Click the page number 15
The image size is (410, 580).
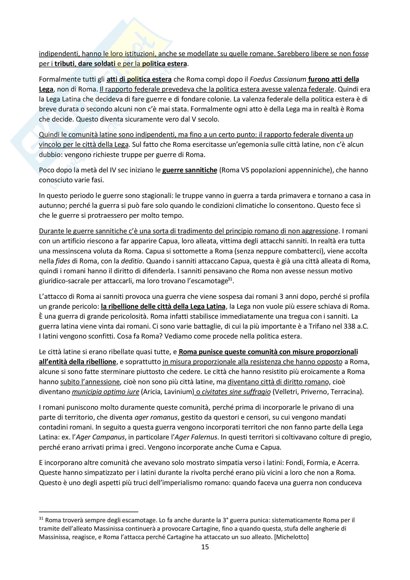[x=205, y=547]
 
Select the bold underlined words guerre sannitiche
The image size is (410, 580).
[x=189, y=170]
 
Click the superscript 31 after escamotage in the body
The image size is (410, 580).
[x=230, y=279]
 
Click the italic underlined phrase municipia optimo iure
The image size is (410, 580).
[x=106, y=392]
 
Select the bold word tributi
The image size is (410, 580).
[x=64, y=64]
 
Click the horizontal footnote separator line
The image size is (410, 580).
[x=88, y=512]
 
